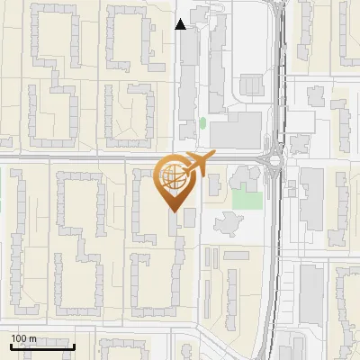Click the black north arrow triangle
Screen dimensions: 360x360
(180, 24)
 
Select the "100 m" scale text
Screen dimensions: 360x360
(23, 338)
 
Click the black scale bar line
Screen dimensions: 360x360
(41, 346)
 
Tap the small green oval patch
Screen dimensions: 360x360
(202, 122)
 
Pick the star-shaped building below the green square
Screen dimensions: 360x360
(227, 222)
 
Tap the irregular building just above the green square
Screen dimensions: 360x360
(248, 176)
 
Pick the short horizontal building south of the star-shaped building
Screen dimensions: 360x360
(237, 255)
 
